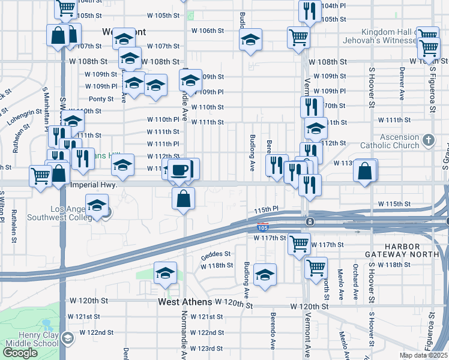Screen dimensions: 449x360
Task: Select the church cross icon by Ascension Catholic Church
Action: coord(427,140)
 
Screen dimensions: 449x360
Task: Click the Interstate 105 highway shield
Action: coord(262,227)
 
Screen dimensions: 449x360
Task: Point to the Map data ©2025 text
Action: coord(423,355)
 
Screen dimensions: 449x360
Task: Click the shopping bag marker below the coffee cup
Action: coord(184,198)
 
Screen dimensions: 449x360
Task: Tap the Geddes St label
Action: coord(215,254)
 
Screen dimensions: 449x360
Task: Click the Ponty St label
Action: coord(101,99)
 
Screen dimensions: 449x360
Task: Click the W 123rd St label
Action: coord(206,349)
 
